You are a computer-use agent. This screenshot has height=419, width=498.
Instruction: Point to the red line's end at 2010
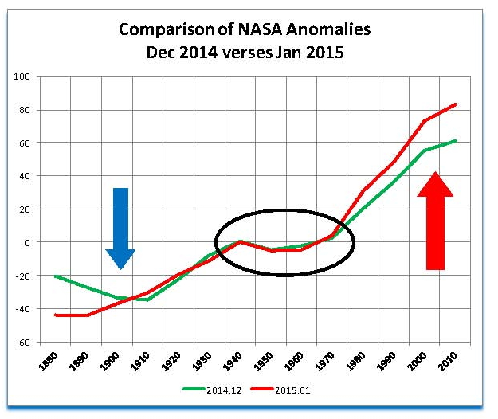coord(456,104)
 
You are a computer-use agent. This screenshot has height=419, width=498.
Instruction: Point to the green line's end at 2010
coord(456,140)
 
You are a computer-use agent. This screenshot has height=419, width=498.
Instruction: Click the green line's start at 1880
coord(55,276)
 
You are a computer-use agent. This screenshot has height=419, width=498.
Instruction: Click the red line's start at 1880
coord(55,315)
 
